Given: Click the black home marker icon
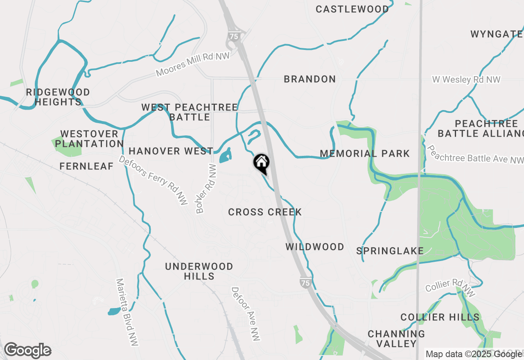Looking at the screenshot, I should tap(261, 163).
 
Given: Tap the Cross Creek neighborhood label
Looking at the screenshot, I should tap(265, 212).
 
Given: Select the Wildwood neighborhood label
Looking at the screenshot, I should tap(314, 247).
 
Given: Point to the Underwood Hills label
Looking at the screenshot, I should tap(199, 271).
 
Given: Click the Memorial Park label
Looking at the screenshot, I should tap(364, 153).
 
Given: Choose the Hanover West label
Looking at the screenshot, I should tap(171, 151).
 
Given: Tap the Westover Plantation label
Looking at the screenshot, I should tap(89, 139).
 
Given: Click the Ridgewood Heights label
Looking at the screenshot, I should tap(58, 97).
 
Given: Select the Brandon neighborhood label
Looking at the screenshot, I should tap(310, 79).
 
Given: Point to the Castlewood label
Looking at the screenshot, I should tap(352, 9).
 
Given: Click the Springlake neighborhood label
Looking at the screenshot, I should tap(390, 251).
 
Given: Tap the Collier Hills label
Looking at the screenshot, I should tap(440, 317).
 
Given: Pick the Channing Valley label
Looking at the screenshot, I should tap(396, 339).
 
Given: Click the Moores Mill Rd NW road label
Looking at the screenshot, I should tap(192, 64).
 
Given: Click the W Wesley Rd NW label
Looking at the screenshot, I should tap(466, 79).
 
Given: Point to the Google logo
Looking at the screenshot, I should tap(27, 351).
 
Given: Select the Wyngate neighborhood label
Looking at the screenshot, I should tap(496, 34).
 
